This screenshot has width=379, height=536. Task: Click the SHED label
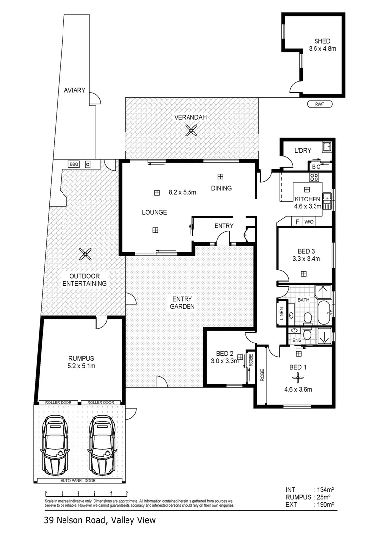(322, 41)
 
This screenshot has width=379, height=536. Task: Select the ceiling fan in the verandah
(191, 131)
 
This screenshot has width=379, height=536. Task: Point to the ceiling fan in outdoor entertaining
(85, 255)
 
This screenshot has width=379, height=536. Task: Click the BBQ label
(74, 164)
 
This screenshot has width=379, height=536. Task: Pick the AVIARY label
(75, 91)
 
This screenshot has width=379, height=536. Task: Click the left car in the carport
(55, 438)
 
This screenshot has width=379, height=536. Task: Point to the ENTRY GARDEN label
(183, 302)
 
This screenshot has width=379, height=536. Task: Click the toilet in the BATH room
(307, 318)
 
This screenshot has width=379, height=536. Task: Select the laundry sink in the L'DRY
(326, 147)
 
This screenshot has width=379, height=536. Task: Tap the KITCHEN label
(308, 199)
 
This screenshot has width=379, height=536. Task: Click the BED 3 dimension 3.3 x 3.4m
(306, 258)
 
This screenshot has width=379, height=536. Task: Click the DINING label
(221, 188)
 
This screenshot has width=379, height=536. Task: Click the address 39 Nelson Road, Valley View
(99, 520)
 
